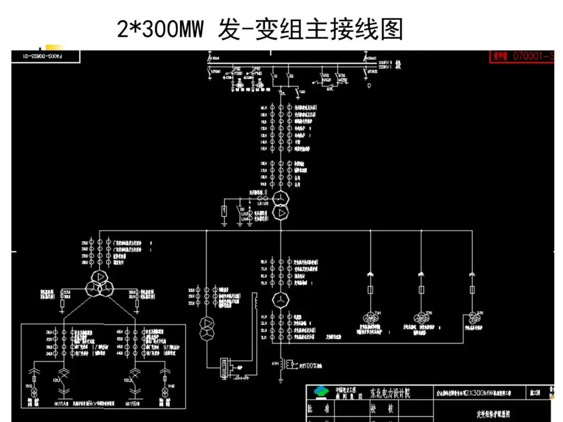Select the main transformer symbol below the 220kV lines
(x=280, y=205)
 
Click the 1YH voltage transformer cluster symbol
(x=371, y=317)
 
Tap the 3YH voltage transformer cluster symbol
(x=472, y=317)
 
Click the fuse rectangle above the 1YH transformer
(x=371, y=290)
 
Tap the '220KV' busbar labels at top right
(x=384, y=65)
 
